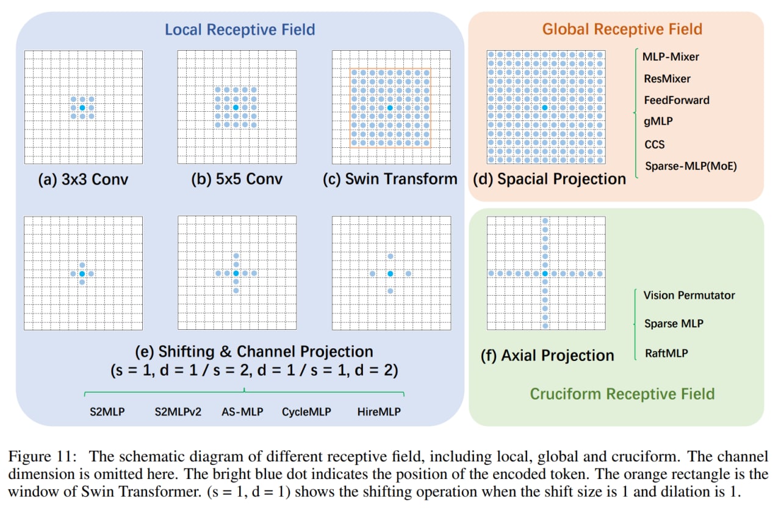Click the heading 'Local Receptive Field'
[x=239, y=29]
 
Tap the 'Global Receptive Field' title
[x=622, y=29]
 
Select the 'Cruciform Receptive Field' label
[x=622, y=393]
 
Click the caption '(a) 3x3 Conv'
[x=83, y=179]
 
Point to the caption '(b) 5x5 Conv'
[x=237, y=179]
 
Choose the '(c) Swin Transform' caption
[x=390, y=179]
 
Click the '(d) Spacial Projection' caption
[x=549, y=179]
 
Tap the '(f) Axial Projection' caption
[x=547, y=356]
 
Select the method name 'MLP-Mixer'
[x=671, y=57]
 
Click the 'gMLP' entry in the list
[x=658, y=122]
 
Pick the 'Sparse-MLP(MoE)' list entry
[x=690, y=166]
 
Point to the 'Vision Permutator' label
[x=689, y=295]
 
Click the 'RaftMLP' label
[x=666, y=352]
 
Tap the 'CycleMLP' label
[x=306, y=412]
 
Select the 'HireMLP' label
[x=379, y=412]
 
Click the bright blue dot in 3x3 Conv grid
[x=82, y=108]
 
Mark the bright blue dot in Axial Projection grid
[x=545, y=273]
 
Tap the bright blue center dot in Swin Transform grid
[x=390, y=108]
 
